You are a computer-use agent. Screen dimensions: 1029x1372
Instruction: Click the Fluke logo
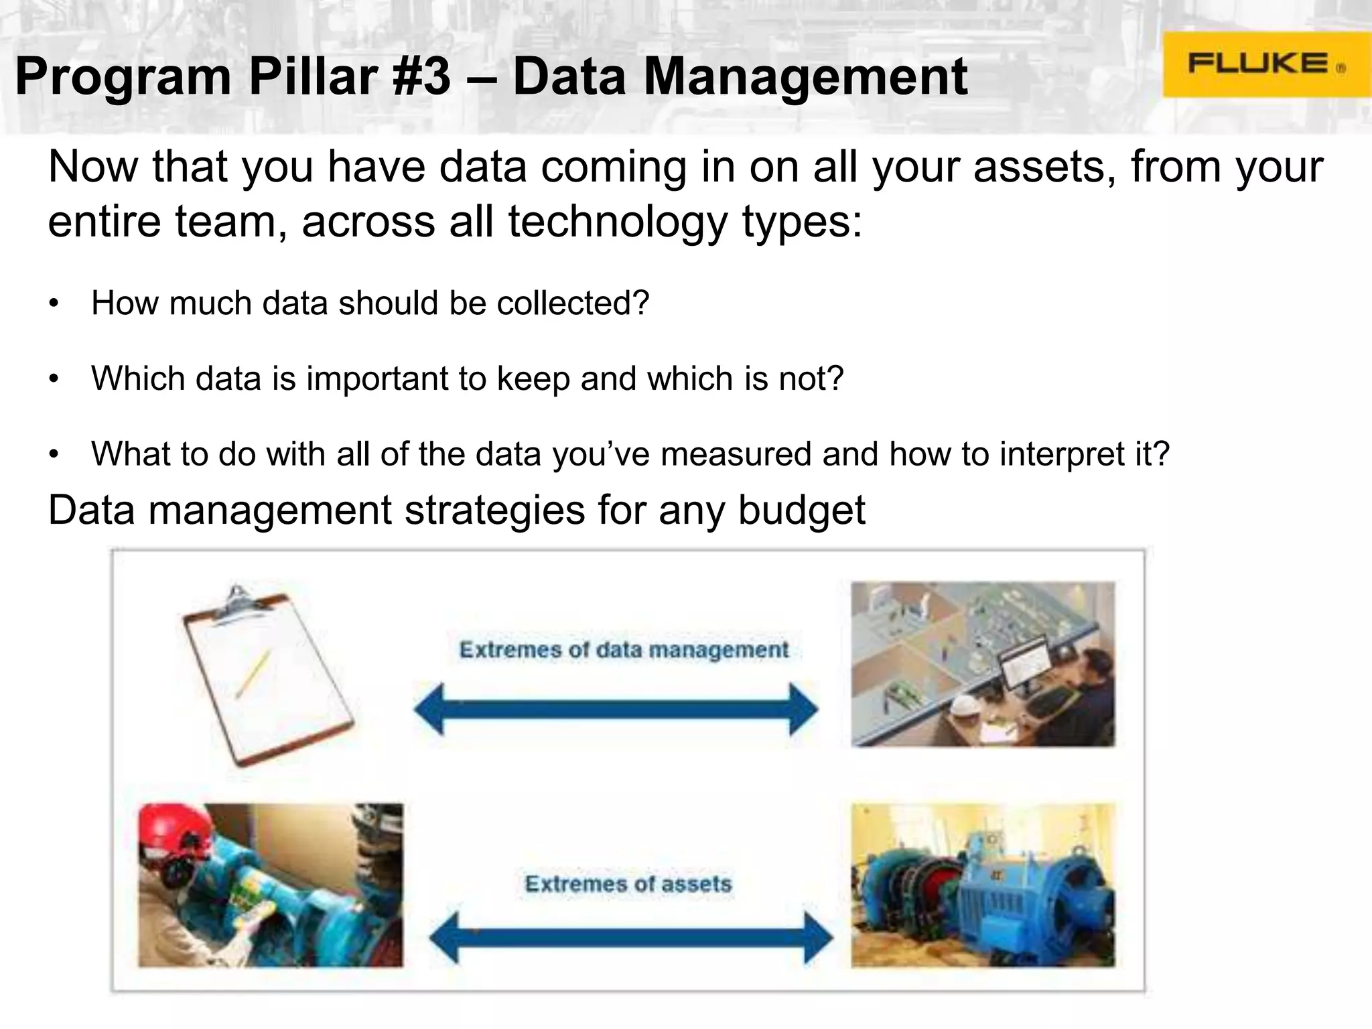click(x=1265, y=64)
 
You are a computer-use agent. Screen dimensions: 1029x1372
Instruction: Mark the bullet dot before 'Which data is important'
click(x=54, y=379)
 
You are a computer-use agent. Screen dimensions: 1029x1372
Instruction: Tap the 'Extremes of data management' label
click(x=624, y=650)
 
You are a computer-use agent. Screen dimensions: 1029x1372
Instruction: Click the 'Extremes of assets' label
click(x=628, y=884)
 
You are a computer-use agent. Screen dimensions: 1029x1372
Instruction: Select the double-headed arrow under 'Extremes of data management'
click(x=616, y=709)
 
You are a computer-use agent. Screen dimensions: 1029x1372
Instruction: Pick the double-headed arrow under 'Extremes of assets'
click(x=630, y=937)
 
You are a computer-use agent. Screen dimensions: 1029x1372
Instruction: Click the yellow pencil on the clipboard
click(x=253, y=673)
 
